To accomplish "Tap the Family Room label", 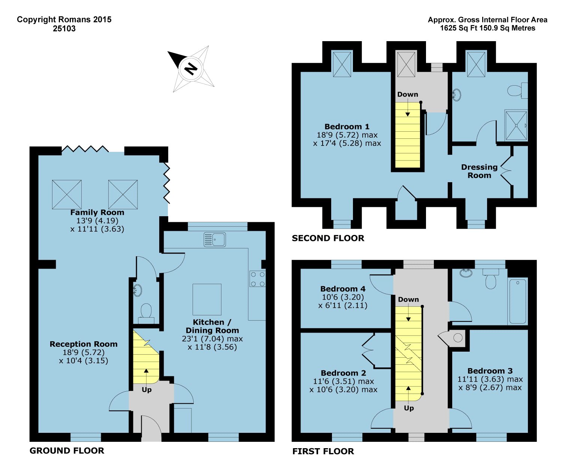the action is tap(97, 212).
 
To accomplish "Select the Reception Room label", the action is tap(84, 344).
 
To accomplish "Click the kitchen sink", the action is tap(215, 239).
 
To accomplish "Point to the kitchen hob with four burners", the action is tap(257, 279).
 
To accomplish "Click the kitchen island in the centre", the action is tap(207, 299).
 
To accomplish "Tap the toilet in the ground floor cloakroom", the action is tap(146, 313).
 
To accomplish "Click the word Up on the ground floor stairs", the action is tap(146, 389).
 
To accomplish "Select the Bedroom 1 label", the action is tap(347, 126).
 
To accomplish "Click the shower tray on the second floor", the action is tap(516, 126).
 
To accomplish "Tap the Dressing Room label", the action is tap(479, 171).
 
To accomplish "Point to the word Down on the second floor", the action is tap(408, 94).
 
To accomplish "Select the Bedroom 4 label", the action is tap(343, 289).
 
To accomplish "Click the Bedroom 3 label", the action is tap(490, 371).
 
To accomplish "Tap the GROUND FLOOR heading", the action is tap(67, 450).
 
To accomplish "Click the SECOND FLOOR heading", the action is tap(328, 238).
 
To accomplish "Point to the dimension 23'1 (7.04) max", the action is tap(212, 339).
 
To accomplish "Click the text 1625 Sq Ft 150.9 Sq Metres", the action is tap(487, 28).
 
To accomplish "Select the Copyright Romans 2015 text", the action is tap(64, 19).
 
